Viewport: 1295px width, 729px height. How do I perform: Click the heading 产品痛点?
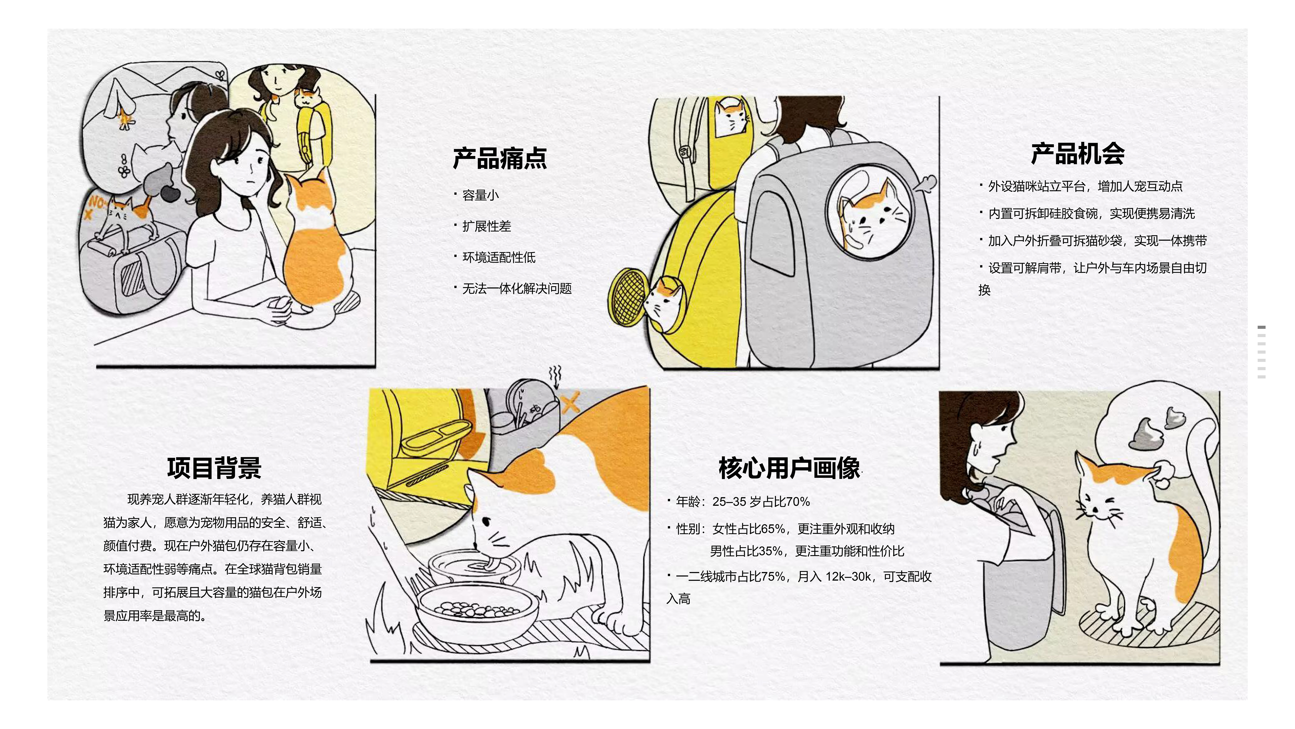[500, 158]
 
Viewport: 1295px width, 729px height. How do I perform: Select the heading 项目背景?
[214, 468]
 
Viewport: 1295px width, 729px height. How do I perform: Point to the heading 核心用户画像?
[789, 468]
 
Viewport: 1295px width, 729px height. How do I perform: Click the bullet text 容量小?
[481, 195]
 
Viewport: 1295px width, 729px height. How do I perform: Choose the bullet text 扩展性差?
[487, 226]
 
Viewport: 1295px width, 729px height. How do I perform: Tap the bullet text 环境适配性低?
[499, 258]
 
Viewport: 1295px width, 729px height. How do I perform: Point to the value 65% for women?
[773, 529]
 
